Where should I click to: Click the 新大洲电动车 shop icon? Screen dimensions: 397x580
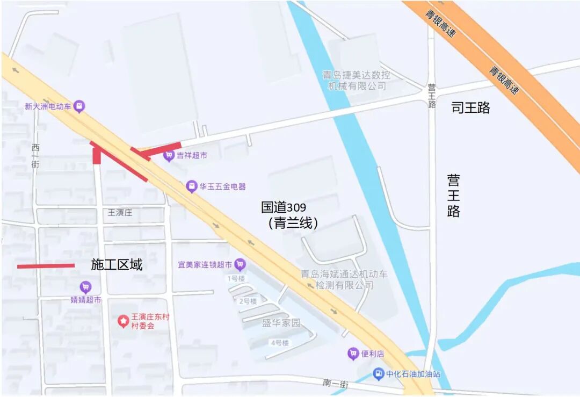[x=79, y=106]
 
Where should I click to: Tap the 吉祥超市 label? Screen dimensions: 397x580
[x=192, y=156]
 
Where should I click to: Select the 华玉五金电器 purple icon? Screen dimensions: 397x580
[x=192, y=186]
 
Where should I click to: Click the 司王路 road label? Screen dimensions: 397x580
[x=470, y=108]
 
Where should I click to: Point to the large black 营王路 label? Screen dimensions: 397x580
[x=453, y=195]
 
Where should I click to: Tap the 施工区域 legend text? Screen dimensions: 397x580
[x=117, y=264]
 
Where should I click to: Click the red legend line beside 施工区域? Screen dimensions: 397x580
[x=46, y=266]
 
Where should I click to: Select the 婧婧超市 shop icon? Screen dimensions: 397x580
[x=85, y=287]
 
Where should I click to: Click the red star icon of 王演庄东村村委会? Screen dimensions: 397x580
[x=124, y=321]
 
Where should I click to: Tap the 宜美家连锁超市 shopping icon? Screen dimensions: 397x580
[x=240, y=264]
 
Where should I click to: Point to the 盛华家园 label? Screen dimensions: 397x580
[x=281, y=323]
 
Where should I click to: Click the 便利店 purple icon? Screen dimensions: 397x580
[x=353, y=353]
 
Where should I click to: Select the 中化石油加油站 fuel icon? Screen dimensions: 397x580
[x=379, y=373]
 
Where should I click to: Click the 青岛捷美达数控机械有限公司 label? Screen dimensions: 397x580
[x=356, y=80]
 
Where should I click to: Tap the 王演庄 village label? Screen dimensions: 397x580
[x=120, y=213]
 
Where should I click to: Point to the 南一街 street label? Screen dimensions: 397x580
[x=336, y=384]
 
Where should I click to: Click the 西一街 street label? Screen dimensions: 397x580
[x=35, y=156]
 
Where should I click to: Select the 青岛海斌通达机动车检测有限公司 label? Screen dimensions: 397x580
[x=344, y=279]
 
